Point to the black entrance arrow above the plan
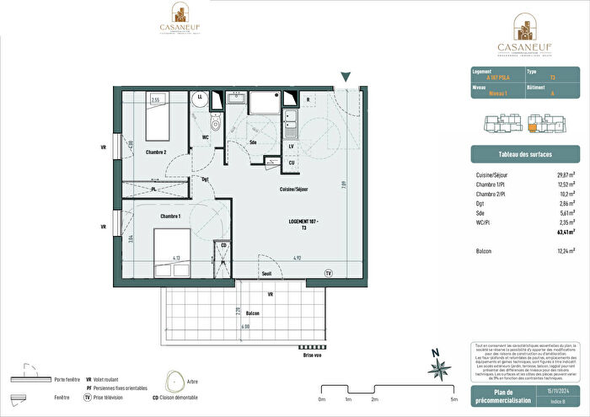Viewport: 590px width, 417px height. point(345,78)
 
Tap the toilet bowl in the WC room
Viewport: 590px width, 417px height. point(215,125)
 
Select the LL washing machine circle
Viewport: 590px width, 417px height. point(200,99)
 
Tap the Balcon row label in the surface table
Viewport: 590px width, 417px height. point(485,250)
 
